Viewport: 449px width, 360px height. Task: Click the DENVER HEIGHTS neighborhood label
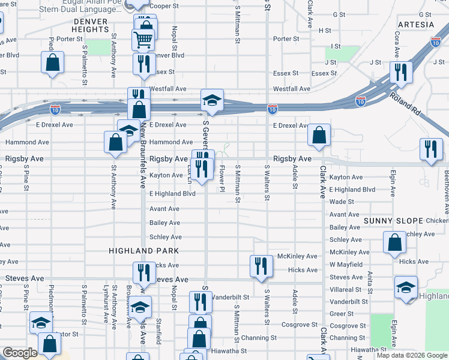point(90,25)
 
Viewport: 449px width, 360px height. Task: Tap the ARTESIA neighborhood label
point(415,25)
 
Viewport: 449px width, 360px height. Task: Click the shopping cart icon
point(143,40)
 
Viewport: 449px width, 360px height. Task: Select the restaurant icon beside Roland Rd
point(400,73)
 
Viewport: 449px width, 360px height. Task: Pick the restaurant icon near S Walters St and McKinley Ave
point(261,266)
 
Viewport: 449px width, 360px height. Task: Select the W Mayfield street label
point(346,264)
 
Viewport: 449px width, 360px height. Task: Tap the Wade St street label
point(341,202)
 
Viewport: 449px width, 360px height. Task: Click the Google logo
point(20,353)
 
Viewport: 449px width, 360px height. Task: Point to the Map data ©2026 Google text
point(412,355)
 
